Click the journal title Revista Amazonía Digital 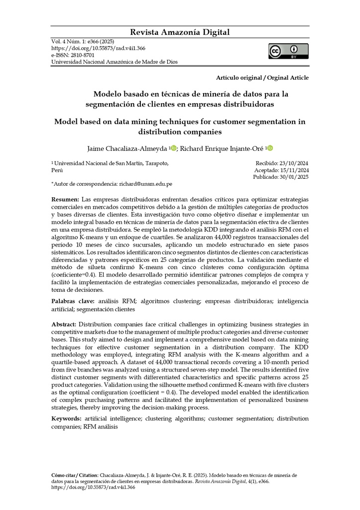180,32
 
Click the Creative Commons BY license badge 288,51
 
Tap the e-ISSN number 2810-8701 82,55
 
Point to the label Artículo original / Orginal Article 262,78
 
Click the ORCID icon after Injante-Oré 270,148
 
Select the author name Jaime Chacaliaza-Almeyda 127,148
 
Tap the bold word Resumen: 65,199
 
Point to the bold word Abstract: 64,325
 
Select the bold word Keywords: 66,419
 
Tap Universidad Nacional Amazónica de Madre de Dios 115,62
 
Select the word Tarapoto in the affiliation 156,163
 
